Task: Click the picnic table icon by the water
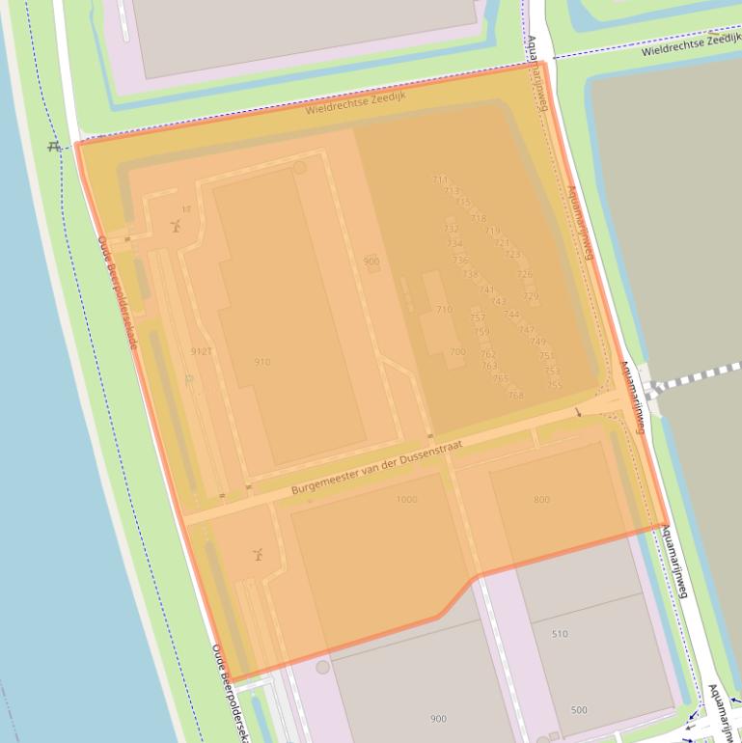(55, 147)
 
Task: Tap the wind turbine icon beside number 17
(176, 226)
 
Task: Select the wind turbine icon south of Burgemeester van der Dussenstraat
(258, 555)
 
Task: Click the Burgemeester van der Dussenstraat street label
(375, 470)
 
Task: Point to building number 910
(262, 362)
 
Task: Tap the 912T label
(202, 351)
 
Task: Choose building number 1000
(406, 499)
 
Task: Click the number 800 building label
(541, 499)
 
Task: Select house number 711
(440, 179)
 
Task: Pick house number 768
(515, 395)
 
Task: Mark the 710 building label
(444, 310)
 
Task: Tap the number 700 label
(457, 352)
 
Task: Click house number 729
(531, 296)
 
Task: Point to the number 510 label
(560, 634)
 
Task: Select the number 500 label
(579, 710)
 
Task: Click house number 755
(554, 385)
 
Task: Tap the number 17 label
(186, 209)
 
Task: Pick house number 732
(452, 228)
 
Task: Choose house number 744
(511, 315)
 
